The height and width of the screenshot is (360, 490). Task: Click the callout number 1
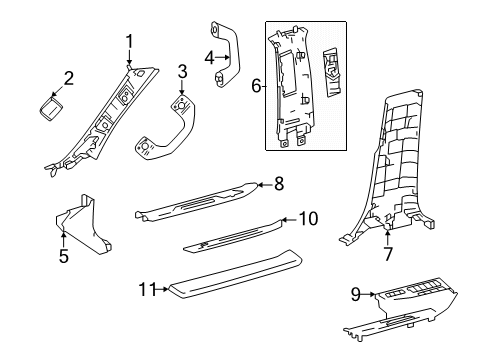129,40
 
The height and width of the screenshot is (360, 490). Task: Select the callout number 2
68,78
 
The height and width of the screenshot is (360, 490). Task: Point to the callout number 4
210,57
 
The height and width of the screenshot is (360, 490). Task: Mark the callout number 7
387,254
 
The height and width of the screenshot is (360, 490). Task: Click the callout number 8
279,184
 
